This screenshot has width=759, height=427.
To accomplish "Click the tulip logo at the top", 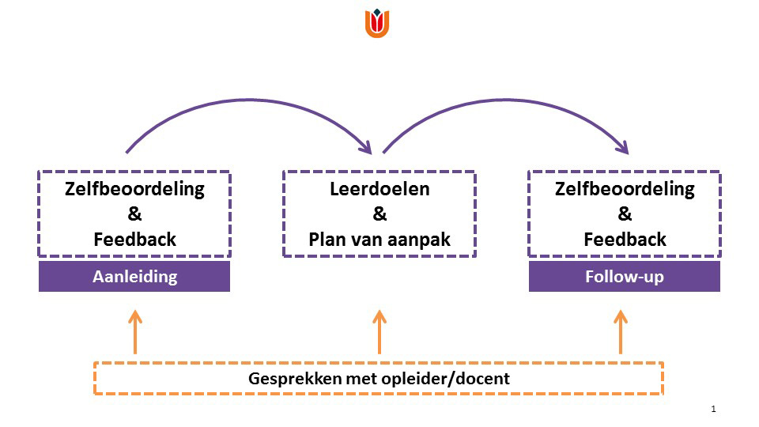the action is (x=377, y=23).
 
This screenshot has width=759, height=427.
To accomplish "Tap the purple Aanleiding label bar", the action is (x=134, y=277).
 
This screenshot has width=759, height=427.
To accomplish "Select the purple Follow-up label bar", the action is (x=625, y=277).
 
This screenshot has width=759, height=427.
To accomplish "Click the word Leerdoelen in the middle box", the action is (x=379, y=189).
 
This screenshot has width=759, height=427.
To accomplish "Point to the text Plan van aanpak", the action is (x=379, y=240).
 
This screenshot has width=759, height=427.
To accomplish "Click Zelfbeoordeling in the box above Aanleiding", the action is (x=134, y=189).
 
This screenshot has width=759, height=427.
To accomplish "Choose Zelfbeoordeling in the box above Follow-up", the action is (x=625, y=189).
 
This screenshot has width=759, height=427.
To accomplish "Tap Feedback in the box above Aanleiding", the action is (x=134, y=239).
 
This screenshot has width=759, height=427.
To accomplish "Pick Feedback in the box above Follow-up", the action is (x=625, y=239).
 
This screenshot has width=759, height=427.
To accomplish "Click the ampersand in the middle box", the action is (x=379, y=213).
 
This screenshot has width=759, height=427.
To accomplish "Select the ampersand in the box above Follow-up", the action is (x=625, y=213).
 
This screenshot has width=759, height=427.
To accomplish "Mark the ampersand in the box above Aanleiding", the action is (x=134, y=213).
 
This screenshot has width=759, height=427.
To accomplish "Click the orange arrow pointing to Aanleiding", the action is (x=135, y=332).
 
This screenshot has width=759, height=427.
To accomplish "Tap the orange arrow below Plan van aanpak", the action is (x=379, y=332).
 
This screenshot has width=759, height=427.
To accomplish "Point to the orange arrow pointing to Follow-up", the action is (x=621, y=332).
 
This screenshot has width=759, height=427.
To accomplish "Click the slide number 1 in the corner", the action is (x=713, y=409).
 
